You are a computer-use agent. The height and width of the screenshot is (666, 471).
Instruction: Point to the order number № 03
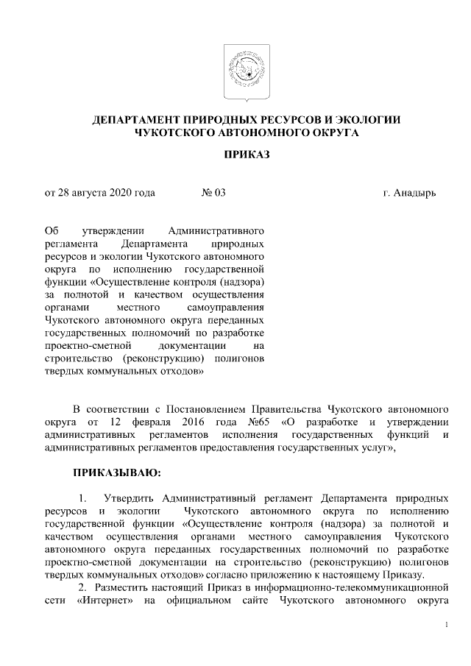[213, 194]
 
